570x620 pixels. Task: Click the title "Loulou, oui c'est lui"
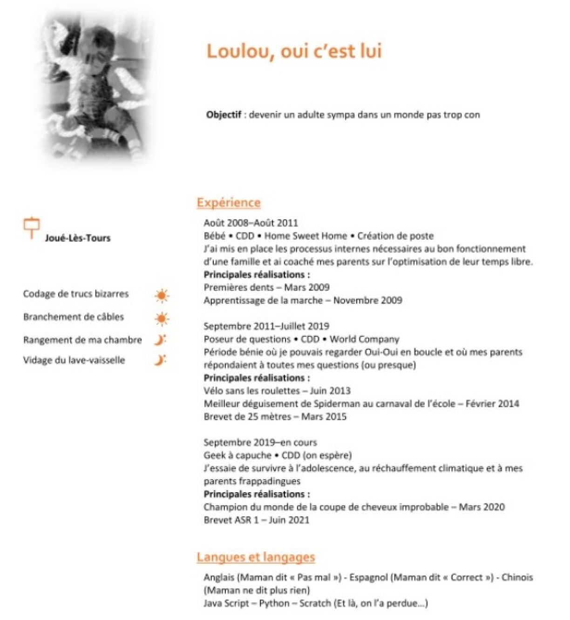[294, 51]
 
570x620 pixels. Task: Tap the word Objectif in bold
[224, 115]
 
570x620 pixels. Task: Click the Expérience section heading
[228, 203]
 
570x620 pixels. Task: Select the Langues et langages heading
[256, 557]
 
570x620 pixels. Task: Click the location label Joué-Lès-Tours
[78, 238]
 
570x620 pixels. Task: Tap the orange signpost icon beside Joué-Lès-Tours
[32, 227]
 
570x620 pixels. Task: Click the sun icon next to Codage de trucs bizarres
[162, 295]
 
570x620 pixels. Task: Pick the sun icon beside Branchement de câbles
[162, 319]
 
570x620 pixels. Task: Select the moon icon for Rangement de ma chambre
[160, 340]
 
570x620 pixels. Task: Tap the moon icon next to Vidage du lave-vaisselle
[160, 360]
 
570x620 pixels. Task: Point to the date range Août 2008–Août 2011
[251, 223]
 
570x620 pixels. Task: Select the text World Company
[364, 339]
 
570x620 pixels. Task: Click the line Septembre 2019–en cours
[260, 442]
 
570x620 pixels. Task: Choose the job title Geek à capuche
[237, 455]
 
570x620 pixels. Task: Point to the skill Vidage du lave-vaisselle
[74, 360]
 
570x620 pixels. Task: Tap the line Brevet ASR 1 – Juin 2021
[256, 520]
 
